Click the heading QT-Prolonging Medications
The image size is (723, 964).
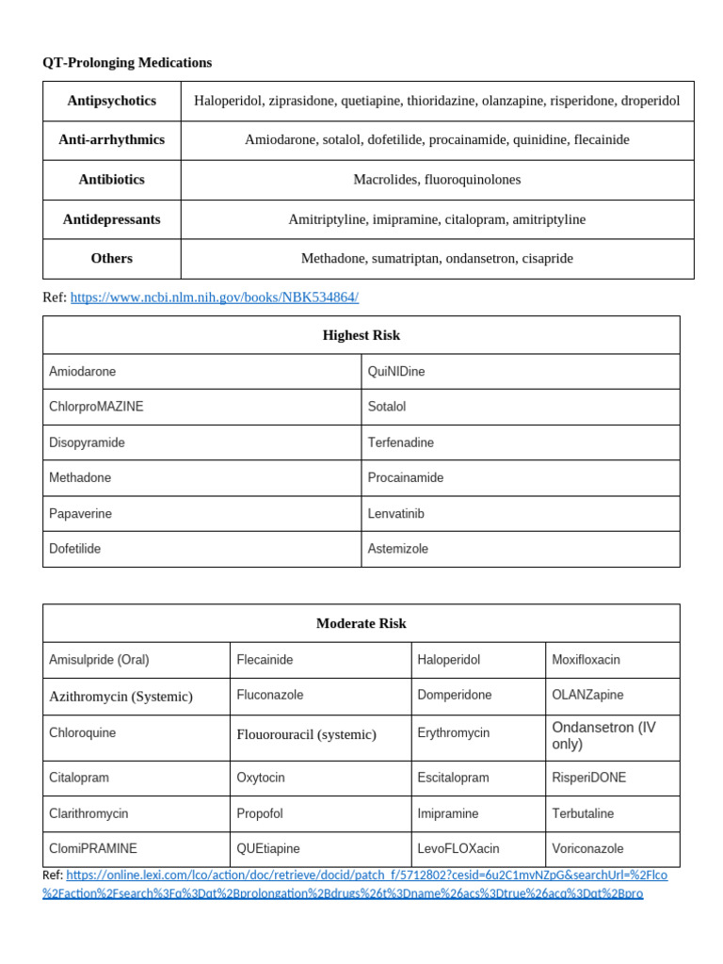pos(127,63)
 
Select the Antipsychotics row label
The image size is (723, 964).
pos(111,100)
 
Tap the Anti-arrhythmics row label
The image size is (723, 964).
pos(111,139)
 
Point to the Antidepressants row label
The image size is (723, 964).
pos(111,219)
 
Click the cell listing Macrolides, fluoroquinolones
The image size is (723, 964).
pos(437,179)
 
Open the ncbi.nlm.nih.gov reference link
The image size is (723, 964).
pos(214,297)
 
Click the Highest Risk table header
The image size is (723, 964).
pos(361,335)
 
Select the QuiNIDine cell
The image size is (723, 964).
pos(396,372)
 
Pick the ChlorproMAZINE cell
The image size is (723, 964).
pos(96,407)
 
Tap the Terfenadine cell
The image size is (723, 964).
pos(401,442)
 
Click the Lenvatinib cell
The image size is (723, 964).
pos(396,514)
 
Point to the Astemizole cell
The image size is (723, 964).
pos(398,549)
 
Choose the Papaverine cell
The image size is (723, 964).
pos(80,514)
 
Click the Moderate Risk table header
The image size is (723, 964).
pos(361,623)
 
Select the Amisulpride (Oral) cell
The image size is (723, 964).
pos(99,660)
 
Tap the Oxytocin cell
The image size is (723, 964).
pos(261,778)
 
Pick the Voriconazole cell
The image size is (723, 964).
pos(587,848)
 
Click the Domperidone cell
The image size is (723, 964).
pos(455,695)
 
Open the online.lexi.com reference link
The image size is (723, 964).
pos(367,876)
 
